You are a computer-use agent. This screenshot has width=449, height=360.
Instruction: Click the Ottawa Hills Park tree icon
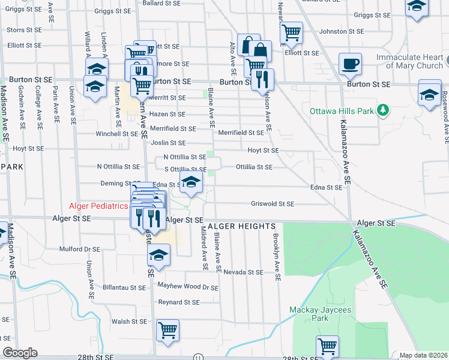coord(382,110)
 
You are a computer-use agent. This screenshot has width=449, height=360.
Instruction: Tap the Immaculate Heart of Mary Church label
coord(410,61)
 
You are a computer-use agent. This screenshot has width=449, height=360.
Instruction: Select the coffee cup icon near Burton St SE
coord(350,63)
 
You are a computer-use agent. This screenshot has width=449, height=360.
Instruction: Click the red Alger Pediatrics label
coord(98,206)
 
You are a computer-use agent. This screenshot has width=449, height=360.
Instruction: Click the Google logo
coord(20,353)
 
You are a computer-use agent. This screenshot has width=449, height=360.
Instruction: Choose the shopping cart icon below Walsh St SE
coord(167,329)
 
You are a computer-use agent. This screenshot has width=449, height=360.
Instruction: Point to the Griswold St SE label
coord(273,204)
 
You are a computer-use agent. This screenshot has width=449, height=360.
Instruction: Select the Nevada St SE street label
coord(244,272)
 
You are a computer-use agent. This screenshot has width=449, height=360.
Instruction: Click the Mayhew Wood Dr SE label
coord(188,287)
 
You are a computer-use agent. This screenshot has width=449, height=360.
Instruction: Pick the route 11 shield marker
coord(199,357)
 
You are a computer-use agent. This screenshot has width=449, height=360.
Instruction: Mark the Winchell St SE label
coord(117,134)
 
